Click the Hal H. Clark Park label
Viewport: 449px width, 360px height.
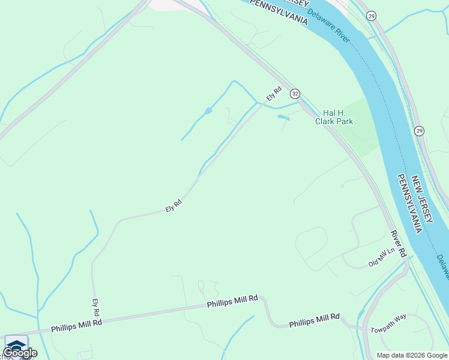point(334,116)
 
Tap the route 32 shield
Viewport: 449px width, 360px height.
point(295,94)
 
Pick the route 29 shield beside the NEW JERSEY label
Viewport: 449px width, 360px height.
point(419,130)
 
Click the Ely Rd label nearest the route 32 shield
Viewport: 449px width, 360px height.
point(274,94)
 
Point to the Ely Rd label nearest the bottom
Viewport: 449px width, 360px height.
point(95,308)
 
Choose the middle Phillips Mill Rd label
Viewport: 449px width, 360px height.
point(232,301)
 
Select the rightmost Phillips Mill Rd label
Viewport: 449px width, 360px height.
point(315,320)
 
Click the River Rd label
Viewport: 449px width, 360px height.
point(398,244)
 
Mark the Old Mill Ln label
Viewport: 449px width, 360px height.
point(382,260)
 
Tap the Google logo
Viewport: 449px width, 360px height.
point(20,353)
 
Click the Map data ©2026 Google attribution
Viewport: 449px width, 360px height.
point(412,355)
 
